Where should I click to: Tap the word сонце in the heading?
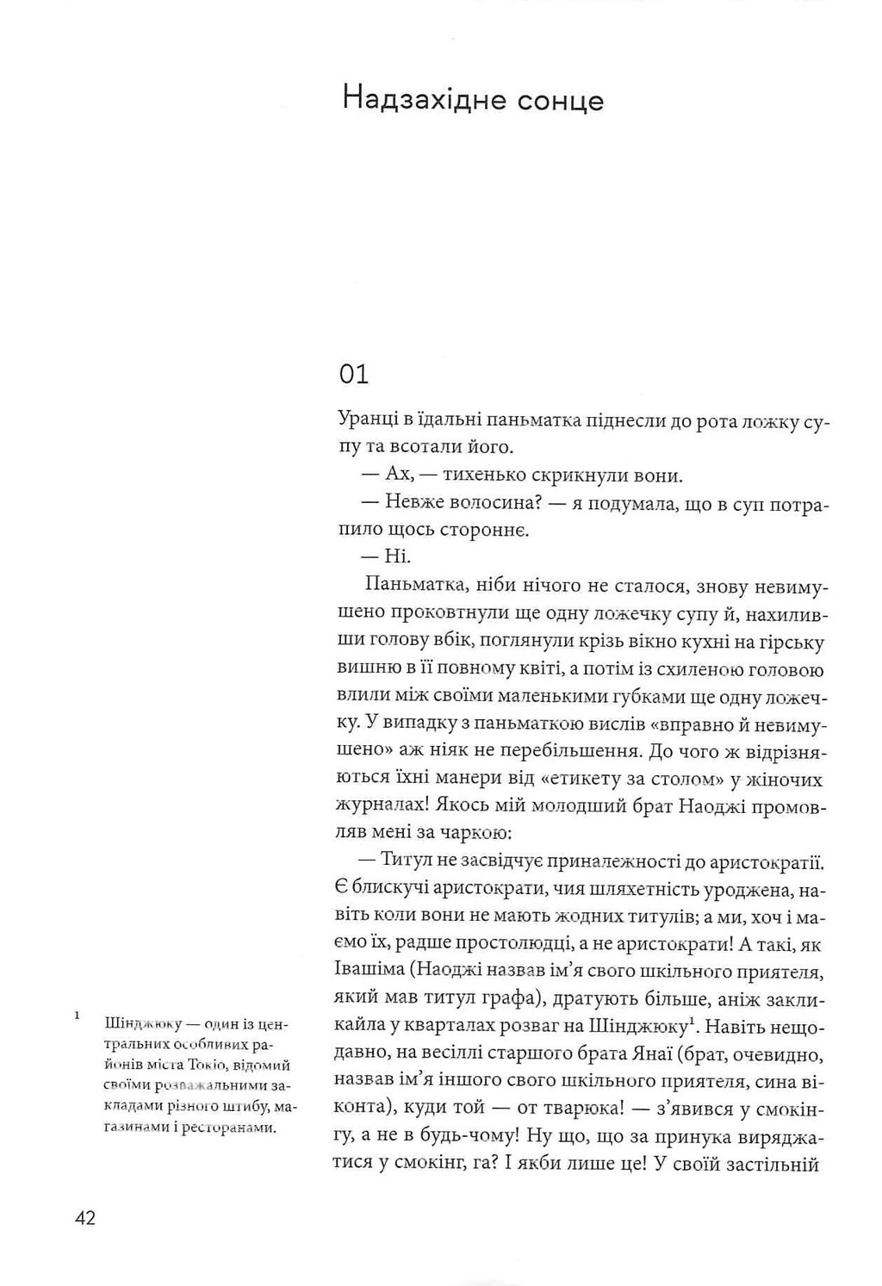(561, 101)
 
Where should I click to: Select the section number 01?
(353, 374)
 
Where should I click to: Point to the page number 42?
(85, 1218)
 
